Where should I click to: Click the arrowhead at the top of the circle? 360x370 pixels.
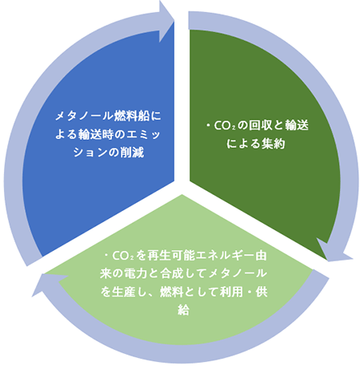tap(166, 22)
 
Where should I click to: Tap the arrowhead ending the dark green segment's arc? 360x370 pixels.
tap(334, 250)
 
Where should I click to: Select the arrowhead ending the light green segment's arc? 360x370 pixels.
tap(50, 284)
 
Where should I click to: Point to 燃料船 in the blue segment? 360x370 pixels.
tap(132, 116)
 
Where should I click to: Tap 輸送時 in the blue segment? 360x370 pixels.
tap(96, 134)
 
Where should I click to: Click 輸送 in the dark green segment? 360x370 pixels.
tap(297, 125)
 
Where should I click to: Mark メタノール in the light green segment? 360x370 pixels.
tap(238, 273)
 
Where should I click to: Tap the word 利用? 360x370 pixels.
tap(231, 292)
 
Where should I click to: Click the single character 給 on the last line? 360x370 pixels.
tap(183, 310)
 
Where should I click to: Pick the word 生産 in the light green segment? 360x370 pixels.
tap(123, 292)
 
